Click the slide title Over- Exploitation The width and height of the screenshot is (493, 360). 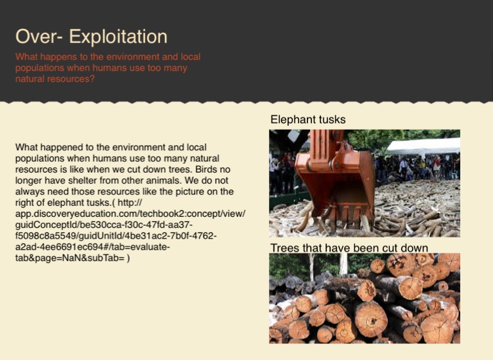pos(91,37)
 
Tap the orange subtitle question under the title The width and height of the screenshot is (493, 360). pos(108,68)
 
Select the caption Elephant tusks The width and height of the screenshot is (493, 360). pos(307,119)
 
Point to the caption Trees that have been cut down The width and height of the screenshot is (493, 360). pos(349,248)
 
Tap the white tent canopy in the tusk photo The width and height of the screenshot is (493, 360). pos(424,146)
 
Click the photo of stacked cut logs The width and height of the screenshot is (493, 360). pos(364,298)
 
